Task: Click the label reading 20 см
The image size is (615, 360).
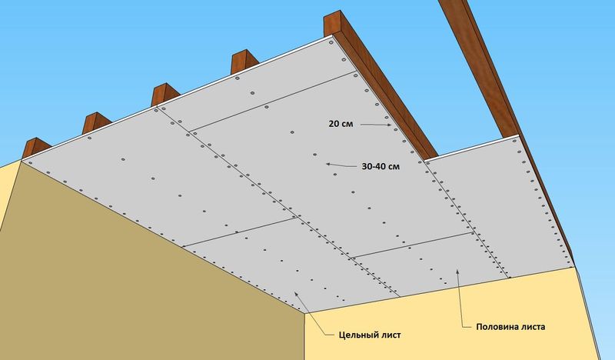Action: [341, 124]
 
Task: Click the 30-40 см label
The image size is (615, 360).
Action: [381, 166]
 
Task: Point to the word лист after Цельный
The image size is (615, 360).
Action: [391, 335]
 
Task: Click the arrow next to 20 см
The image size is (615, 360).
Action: [376, 125]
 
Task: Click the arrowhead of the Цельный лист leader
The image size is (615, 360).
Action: [296, 293]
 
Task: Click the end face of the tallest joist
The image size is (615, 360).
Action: [332, 24]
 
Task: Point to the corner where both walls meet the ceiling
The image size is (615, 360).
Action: [304, 313]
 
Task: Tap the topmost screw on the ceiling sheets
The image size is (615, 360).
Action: [331, 42]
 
